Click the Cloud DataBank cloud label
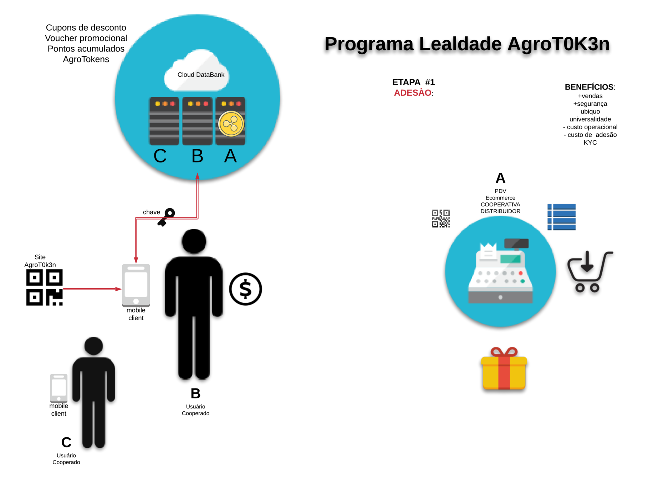[200, 75]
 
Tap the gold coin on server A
[231, 124]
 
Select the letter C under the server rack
[160, 156]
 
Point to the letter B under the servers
[197, 156]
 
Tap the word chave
[151, 212]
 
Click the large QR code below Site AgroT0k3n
[44, 287]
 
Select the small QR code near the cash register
[441, 219]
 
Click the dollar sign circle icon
[245, 289]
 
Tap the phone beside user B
[136, 285]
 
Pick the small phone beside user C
[59, 388]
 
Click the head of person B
[194, 241]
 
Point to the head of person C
[93, 346]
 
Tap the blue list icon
[561, 217]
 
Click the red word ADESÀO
[413, 93]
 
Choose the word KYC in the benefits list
[590, 142]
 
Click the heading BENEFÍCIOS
[589, 87]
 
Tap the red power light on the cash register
[521, 273]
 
